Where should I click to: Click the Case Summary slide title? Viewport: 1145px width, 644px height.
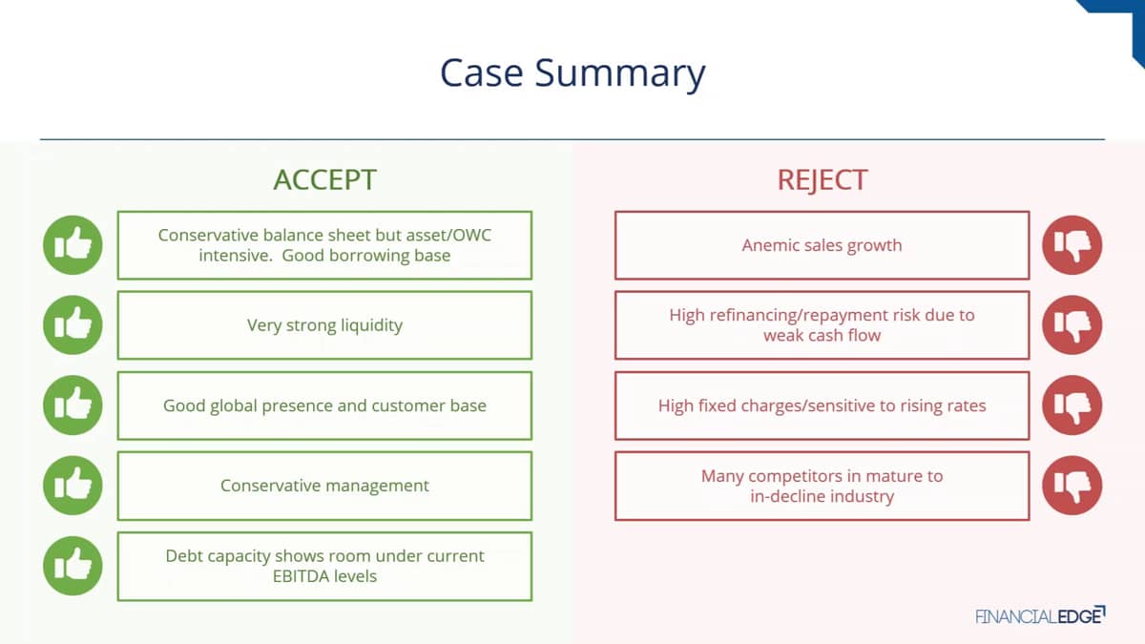572,73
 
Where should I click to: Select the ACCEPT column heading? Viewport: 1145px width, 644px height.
325,180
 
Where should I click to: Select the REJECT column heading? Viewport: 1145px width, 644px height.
822,180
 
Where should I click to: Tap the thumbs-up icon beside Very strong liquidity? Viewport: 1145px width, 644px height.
73,325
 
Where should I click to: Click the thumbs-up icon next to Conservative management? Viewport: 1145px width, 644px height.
73,486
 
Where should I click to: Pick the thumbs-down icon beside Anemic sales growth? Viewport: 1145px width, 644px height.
1072,245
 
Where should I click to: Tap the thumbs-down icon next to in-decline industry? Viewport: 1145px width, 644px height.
1072,486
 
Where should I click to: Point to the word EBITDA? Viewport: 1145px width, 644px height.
296,576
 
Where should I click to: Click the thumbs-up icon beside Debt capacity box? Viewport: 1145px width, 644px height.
73,566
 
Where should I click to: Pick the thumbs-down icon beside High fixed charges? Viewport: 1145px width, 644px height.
1072,405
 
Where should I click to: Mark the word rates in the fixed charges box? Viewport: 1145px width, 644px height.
966,406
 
